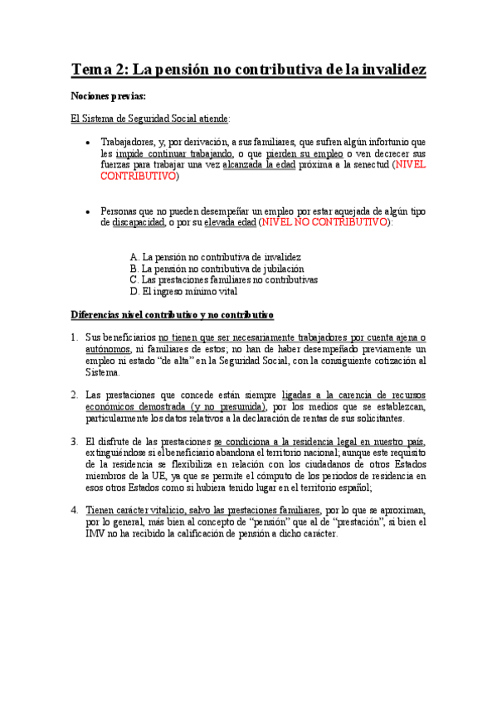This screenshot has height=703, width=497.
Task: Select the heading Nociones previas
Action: [108, 97]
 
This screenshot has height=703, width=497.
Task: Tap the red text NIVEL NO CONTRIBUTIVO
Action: [324, 223]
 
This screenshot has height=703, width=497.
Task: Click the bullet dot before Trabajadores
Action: [89, 142]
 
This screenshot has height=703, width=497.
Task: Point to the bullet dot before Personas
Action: [89, 211]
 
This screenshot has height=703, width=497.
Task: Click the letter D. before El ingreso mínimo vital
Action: [134, 292]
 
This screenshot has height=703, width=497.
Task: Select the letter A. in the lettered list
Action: [134, 257]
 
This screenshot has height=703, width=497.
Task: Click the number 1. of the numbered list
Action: [74, 337]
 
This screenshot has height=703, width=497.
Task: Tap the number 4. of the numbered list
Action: [74, 511]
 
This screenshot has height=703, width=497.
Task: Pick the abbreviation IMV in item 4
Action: [95, 534]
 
